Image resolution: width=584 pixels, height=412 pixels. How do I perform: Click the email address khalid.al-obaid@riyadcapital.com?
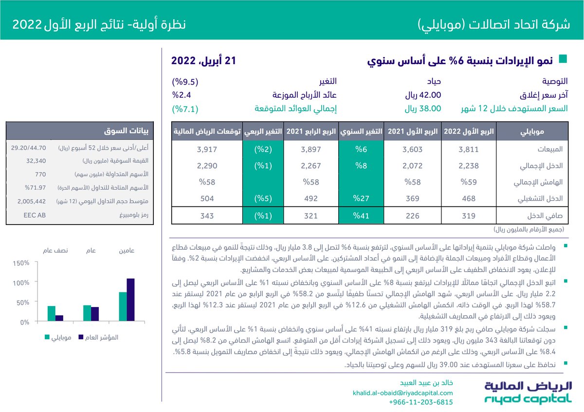[x=402, y=393]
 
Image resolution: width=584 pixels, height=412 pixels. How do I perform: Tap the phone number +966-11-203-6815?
[x=421, y=402]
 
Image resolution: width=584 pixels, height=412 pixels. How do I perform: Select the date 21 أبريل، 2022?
[x=203, y=61]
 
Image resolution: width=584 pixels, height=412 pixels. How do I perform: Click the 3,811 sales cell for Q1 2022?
[x=468, y=150]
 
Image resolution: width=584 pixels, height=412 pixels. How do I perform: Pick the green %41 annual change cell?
[x=362, y=216]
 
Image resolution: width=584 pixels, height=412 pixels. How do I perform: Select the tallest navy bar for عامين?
[x=130, y=300]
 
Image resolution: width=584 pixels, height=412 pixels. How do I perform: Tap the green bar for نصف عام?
[x=51, y=313]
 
